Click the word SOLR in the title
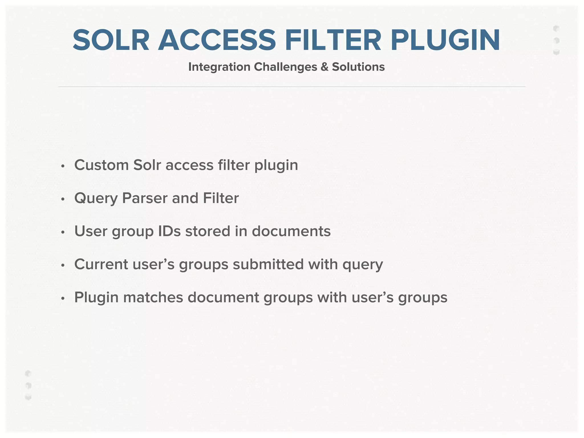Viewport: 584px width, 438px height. [x=111, y=40]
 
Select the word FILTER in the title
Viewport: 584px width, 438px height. [x=333, y=40]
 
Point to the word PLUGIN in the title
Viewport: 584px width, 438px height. [x=445, y=40]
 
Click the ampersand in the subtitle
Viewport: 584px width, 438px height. [x=325, y=67]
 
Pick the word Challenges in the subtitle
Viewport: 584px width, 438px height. [x=285, y=67]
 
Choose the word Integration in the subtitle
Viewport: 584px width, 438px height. [x=219, y=67]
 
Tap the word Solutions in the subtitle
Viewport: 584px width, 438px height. [x=358, y=67]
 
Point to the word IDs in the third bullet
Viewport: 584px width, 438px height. [x=169, y=231]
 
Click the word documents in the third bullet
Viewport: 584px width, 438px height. [x=291, y=231]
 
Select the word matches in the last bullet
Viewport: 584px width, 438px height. [x=153, y=297]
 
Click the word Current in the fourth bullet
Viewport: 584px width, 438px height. [x=101, y=264]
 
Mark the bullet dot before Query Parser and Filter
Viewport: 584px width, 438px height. [x=63, y=199]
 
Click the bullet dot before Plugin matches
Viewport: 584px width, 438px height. [x=63, y=298]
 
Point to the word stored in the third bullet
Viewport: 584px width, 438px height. [x=208, y=231]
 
